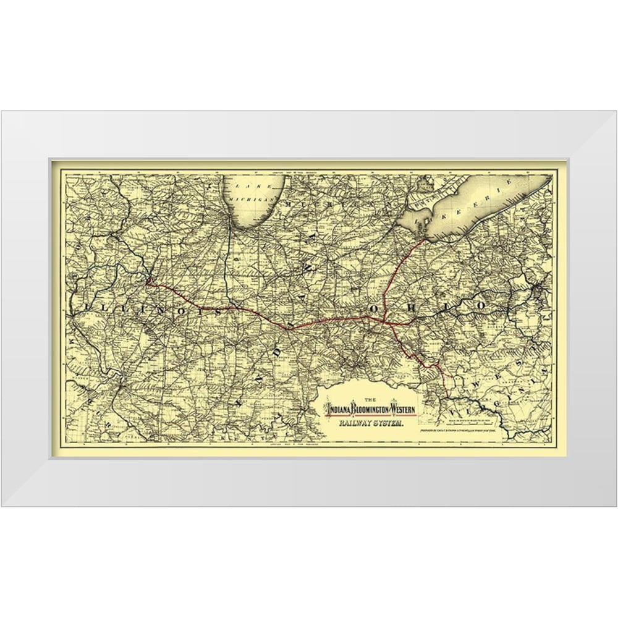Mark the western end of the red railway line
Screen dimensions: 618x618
(148, 283)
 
